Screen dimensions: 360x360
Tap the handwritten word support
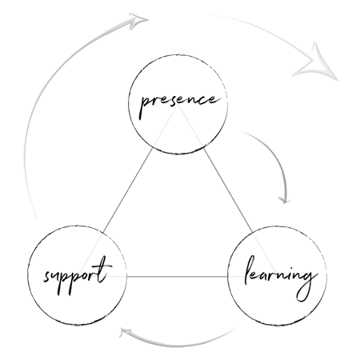(78, 275)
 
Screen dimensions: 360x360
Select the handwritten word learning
(281, 278)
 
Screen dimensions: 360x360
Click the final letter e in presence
(214, 100)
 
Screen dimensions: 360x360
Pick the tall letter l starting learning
(250, 270)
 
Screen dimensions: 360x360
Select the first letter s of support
(47, 276)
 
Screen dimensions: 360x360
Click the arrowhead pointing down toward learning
(285, 201)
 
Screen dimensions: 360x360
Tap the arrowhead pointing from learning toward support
(125, 332)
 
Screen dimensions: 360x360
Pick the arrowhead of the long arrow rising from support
(138, 20)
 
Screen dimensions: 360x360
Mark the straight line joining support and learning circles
(178, 277)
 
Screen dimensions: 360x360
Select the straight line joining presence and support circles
(127, 190)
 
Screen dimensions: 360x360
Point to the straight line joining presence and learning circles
(228, 190)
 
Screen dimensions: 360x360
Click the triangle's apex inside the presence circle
(178, 105)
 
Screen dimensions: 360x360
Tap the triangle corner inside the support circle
(79, 277)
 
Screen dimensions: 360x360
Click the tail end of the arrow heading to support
(235, 329)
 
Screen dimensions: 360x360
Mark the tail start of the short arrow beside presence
(244, 133)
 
